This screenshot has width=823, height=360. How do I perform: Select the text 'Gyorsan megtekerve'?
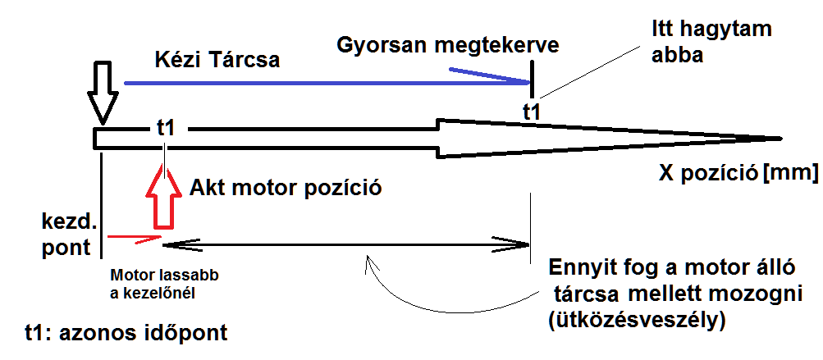448,45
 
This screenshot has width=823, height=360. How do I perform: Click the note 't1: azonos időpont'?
126,333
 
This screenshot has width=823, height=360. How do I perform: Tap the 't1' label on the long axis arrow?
166,128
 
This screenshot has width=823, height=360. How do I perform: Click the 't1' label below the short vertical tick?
532,112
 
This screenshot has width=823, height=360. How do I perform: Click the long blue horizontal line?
320,82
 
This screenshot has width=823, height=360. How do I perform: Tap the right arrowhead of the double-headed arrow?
522,244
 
